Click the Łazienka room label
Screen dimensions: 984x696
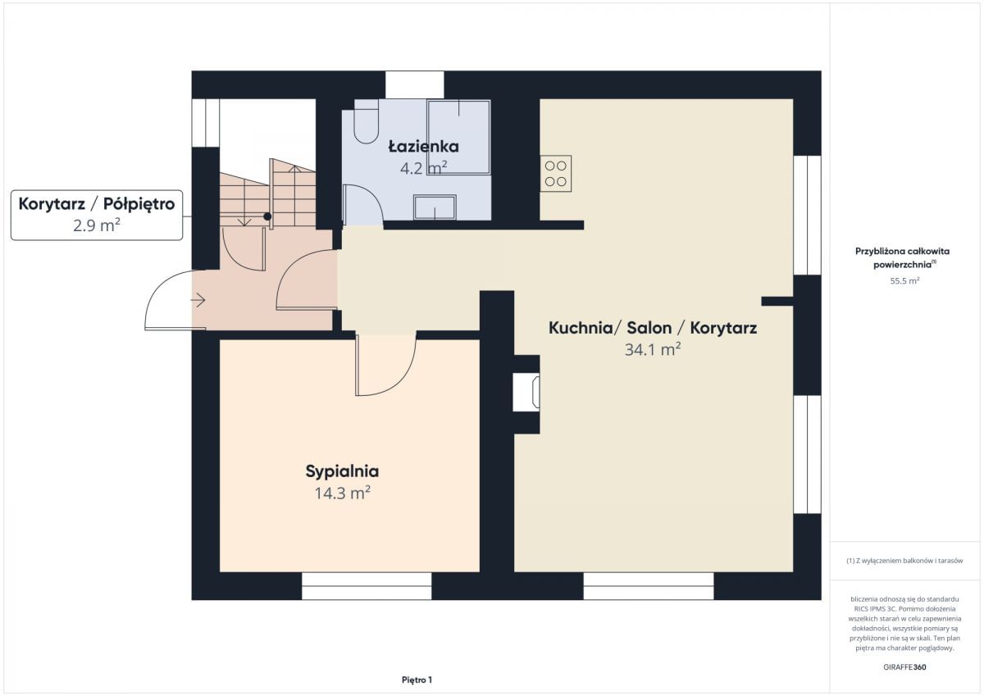(x=423, y=146)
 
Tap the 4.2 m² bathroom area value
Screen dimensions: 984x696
(x=423, y=168)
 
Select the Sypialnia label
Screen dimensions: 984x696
(x=342, y=471)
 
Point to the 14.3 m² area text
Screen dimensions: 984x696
(x=342, y=494)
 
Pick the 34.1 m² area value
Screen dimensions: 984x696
(x=653, y=349)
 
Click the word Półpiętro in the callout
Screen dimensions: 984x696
(x=139, y=204)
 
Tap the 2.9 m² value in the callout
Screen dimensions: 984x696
(x=97, y=225)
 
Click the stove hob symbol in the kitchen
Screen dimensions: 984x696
(x=556, y=174)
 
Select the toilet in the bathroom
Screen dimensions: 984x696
(x=367, y=121)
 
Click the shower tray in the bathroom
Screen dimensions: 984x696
(x=458, y=138)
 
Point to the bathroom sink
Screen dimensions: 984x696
(x=435, y=207)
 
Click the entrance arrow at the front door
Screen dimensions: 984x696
(x=198, y=300)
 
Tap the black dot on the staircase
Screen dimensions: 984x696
(x=267, y=216)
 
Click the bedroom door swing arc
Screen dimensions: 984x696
(x=395, y=373)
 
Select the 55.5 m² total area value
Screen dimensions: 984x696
(x=904, y=280)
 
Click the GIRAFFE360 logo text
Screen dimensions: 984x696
(x=904, y=667)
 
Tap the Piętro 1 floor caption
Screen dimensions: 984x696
(x=417, y=680)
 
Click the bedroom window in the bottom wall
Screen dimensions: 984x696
(x=367, y=586)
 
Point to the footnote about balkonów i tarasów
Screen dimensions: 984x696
(x=904, y=561)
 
